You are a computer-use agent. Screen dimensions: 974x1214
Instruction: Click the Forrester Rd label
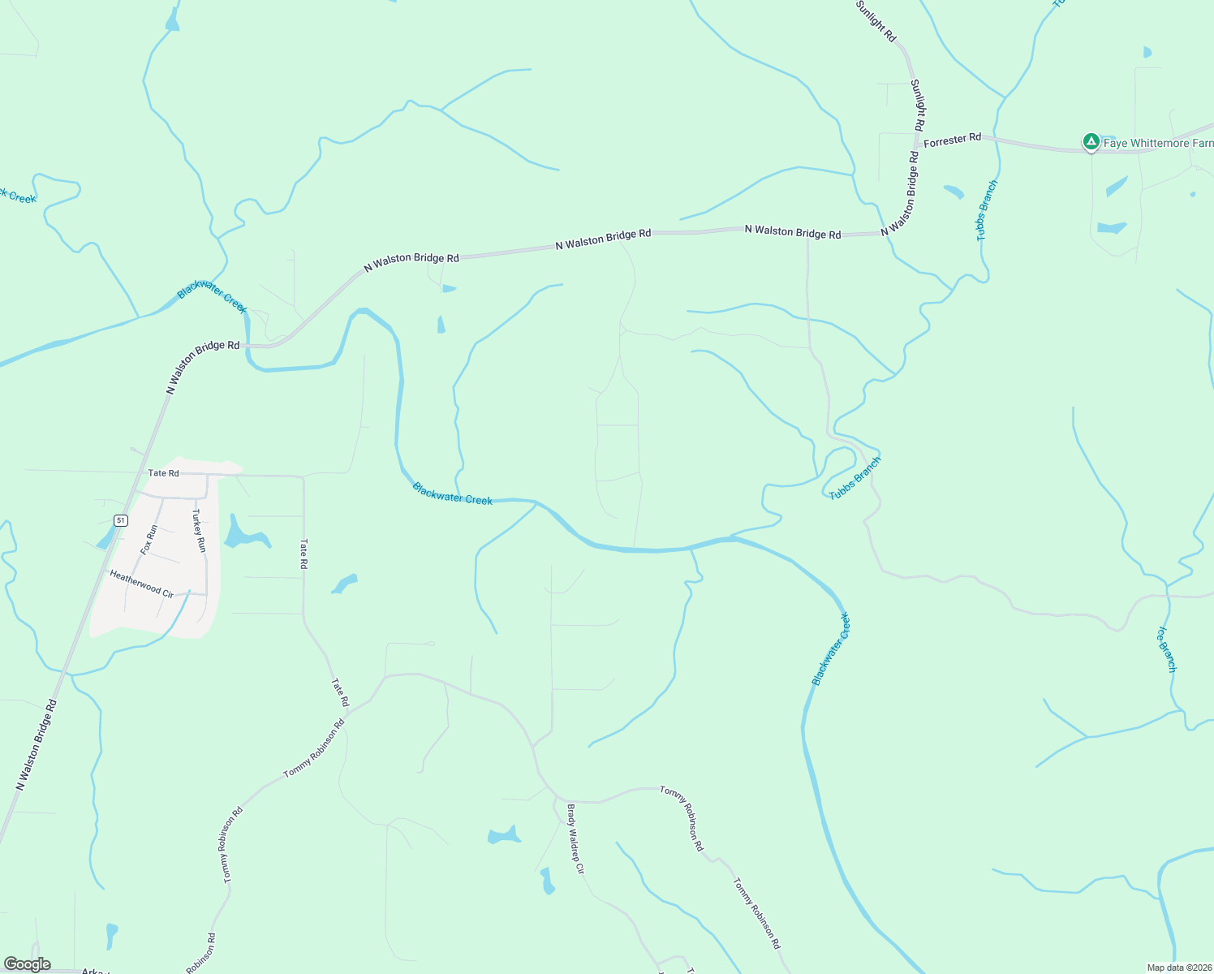pos(953,140)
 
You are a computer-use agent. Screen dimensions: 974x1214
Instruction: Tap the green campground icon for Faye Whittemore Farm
pos(1091,142)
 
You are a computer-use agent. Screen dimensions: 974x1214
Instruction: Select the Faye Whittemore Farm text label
pos(1158,144)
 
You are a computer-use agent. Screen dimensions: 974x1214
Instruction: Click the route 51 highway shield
pos(121,520)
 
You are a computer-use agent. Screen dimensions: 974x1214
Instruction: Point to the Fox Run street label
pos(149,540)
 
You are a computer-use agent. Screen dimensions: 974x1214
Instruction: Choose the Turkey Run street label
pos(199,532)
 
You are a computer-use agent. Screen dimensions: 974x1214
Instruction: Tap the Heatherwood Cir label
pos(142,584)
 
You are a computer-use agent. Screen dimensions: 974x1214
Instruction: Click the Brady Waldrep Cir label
pos(575,838)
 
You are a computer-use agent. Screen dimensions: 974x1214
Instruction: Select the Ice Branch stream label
pos(1165,649)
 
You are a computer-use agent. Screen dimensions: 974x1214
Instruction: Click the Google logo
pos(27,964)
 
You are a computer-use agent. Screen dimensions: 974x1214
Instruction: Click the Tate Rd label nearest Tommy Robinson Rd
pos(339,692)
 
